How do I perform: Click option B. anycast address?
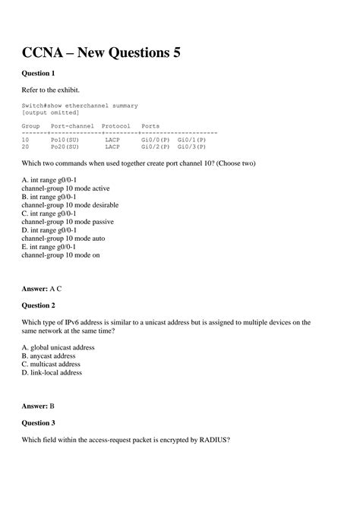49,355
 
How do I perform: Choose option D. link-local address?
52,372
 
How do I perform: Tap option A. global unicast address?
58,346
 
